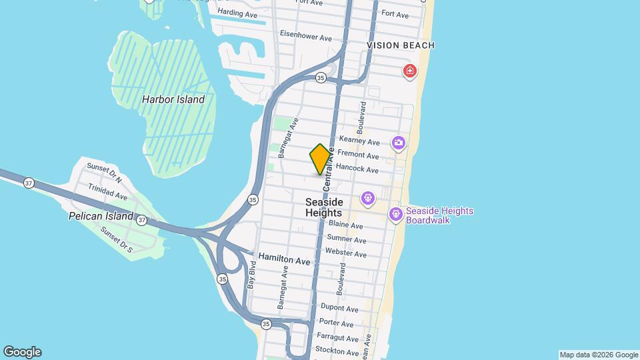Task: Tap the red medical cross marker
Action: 409,70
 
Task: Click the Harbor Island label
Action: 173,99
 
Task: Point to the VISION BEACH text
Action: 401,45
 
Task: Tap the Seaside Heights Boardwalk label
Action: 439,215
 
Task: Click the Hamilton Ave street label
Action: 285,262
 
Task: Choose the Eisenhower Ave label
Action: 306,37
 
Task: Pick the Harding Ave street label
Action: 238,13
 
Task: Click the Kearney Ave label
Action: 359,141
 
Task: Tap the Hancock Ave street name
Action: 357,169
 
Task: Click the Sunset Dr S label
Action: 117,241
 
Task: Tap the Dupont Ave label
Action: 339,309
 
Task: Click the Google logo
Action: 22,352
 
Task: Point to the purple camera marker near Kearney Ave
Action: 399,143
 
